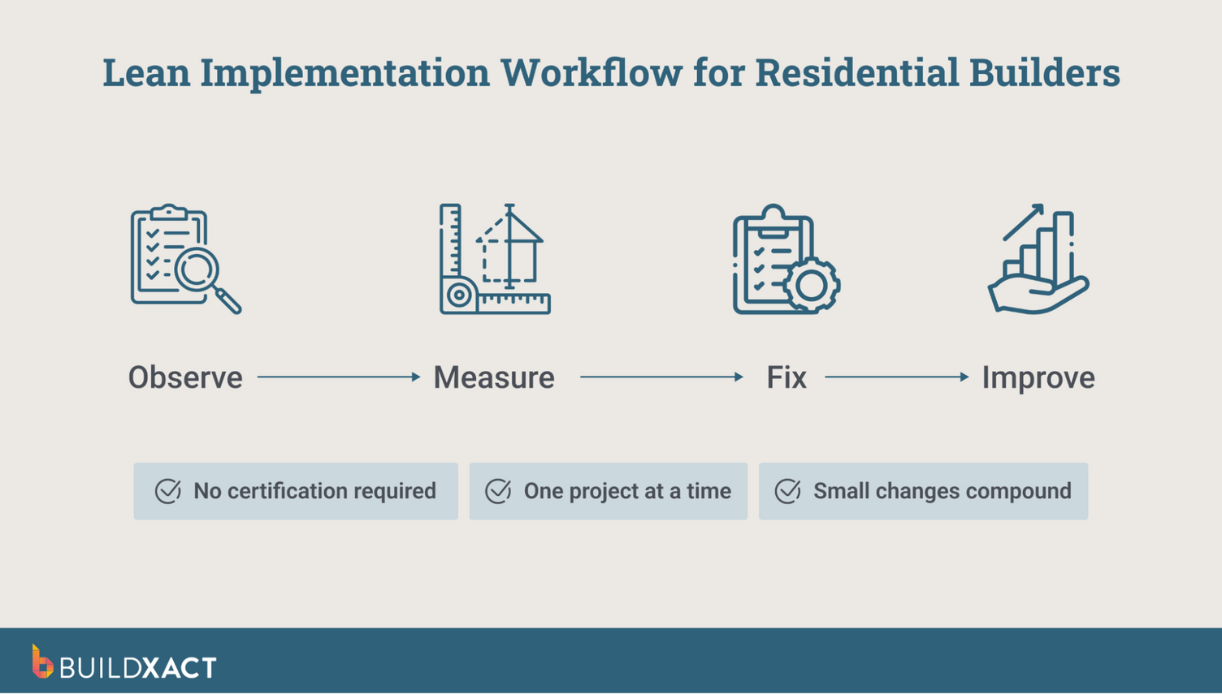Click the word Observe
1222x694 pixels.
tap(185, 377)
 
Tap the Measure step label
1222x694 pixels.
tap(493, 377)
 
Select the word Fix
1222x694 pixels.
tap(786, 377)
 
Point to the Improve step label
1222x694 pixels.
tap(1038, 377)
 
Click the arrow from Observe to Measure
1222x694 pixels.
tap(338, 377)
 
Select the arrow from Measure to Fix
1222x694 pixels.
tap(661, 377)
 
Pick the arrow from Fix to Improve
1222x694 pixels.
tap(896, 377)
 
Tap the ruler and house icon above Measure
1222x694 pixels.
tap(494, 259)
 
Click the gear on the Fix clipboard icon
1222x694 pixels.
tap(812, 285)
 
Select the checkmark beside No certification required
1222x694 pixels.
tap(168, 491)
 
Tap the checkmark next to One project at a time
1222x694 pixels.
tap(498, 491)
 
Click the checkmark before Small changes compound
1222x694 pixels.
tap(787, 491)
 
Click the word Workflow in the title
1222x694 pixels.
tap(591, 72)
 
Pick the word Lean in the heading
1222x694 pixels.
tap(146, 72)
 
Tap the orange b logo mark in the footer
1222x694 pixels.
tap(41, 662)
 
